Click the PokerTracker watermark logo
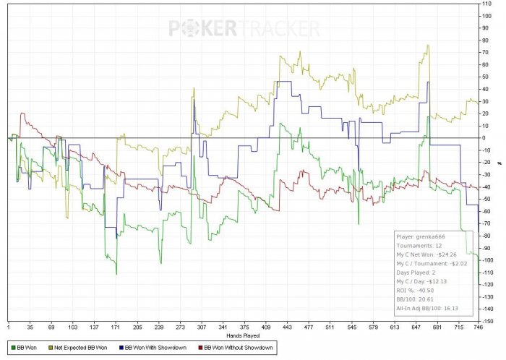point(244,28)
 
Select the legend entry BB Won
point(28,348)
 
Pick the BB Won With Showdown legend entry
point(155,348)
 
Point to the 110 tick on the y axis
point(489,4)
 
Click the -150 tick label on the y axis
point(489,321)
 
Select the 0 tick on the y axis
point(486,137)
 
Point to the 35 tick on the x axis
point(29,327)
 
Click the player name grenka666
point(429,236)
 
